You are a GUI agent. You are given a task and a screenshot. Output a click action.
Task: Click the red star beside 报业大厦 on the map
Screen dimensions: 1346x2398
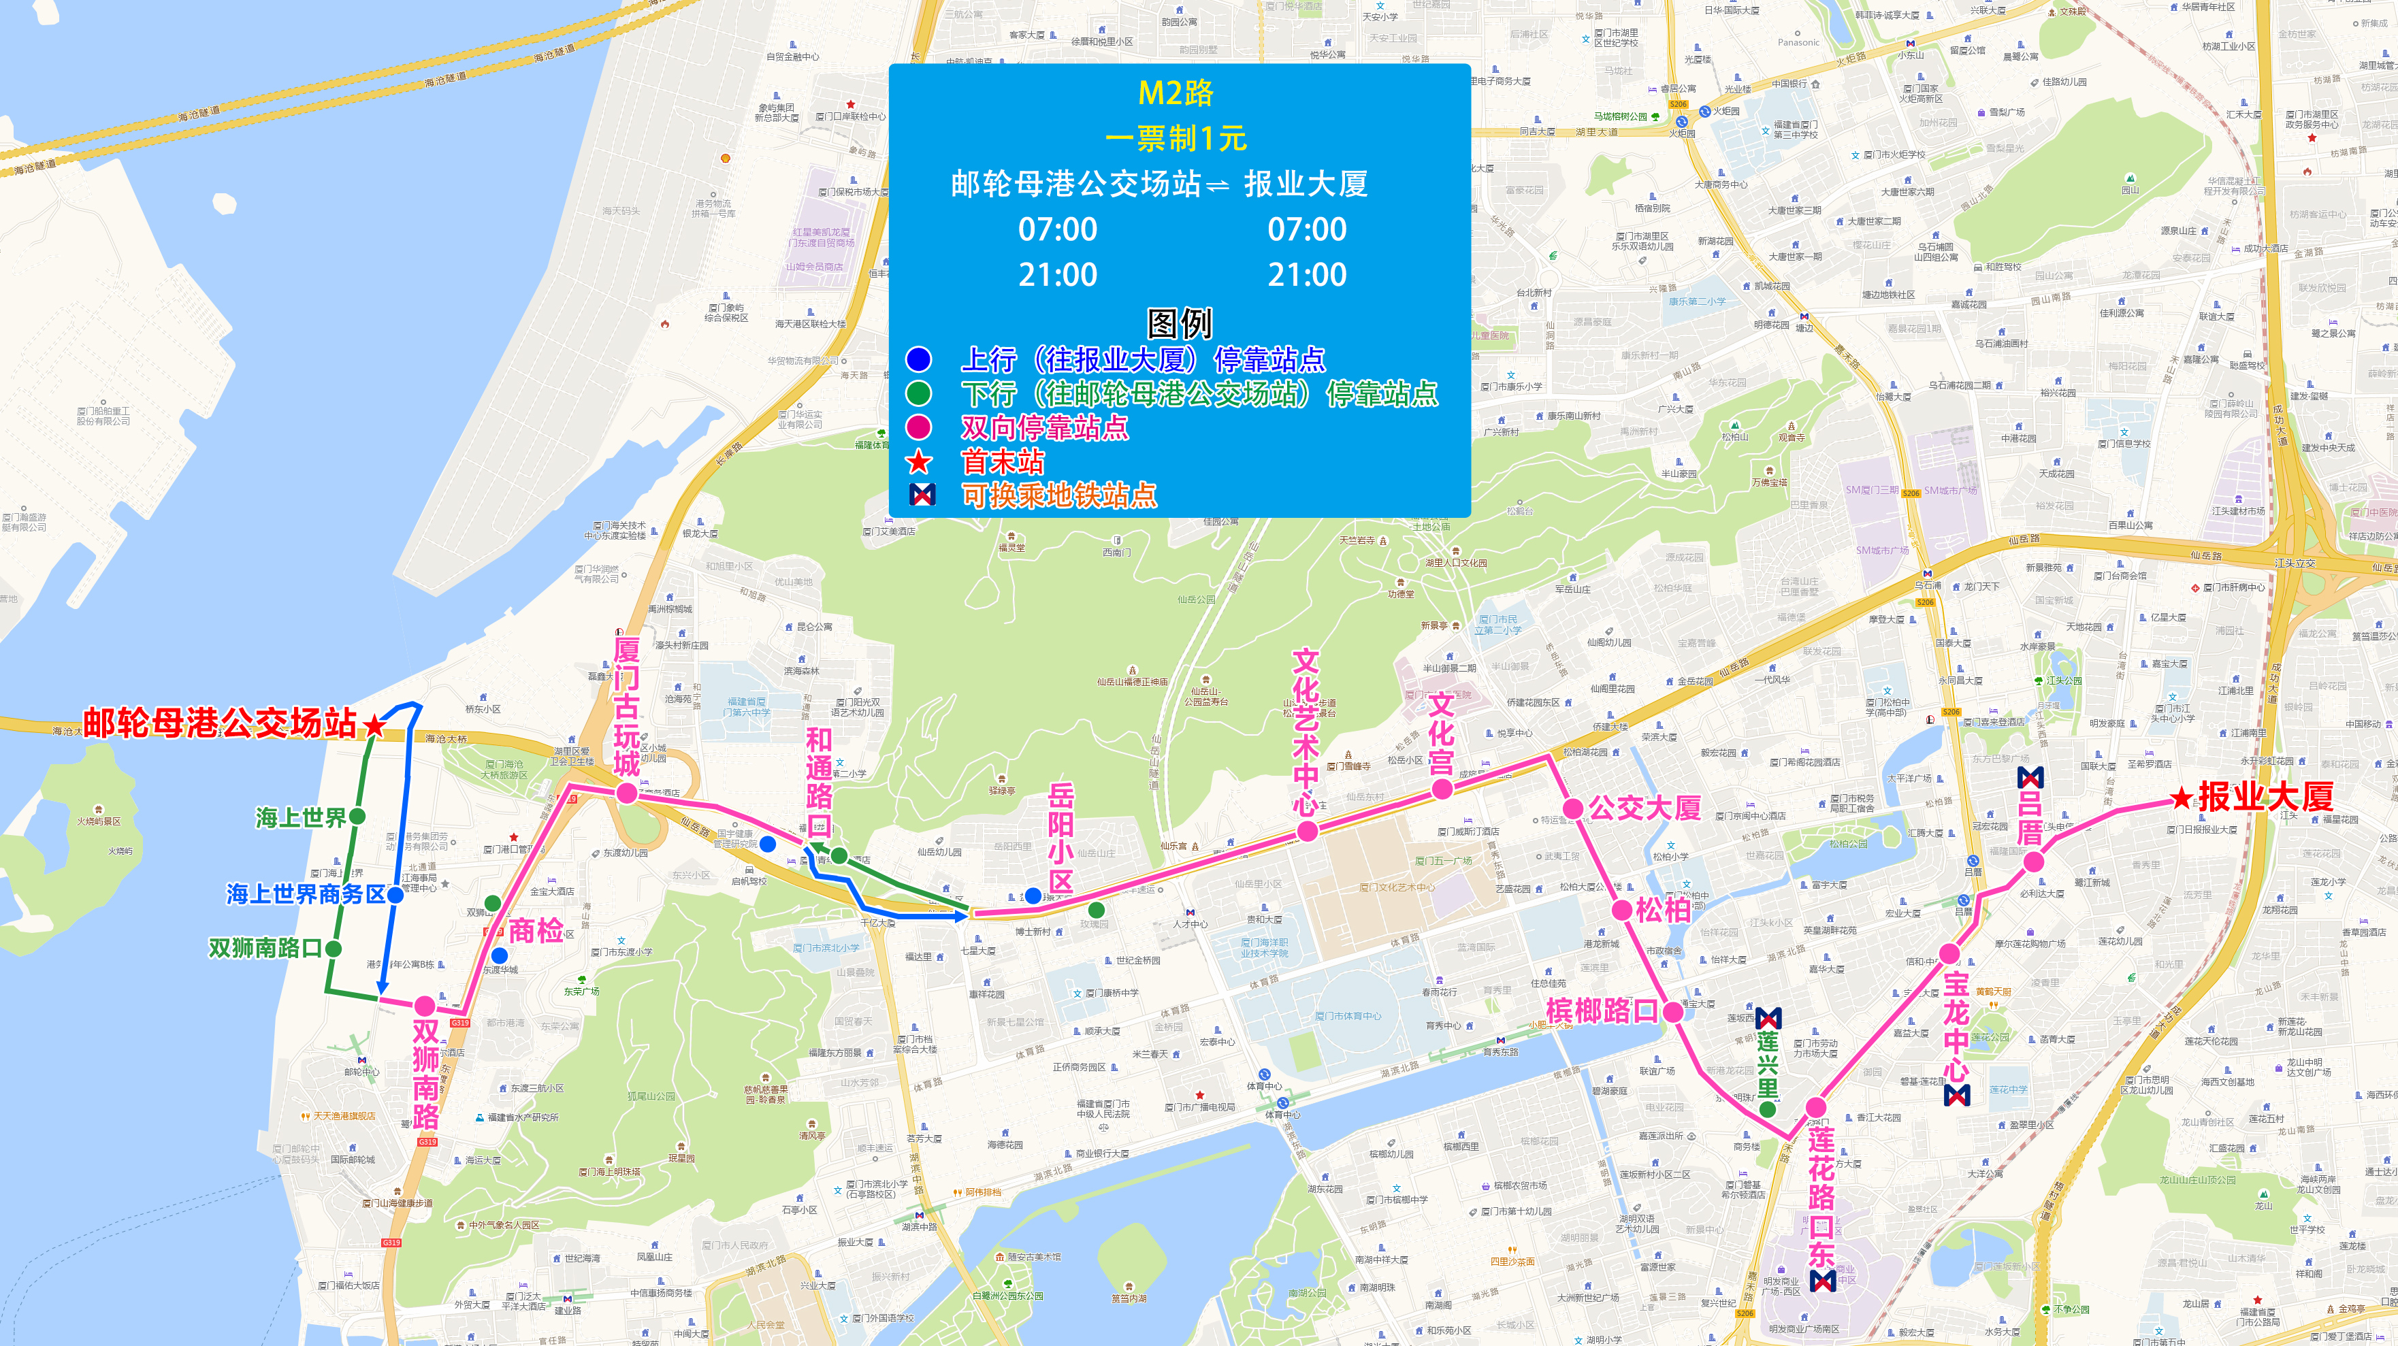click(x=2181, y=798)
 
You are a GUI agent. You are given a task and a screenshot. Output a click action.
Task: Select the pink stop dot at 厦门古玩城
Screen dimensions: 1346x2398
click(x=626, y=793)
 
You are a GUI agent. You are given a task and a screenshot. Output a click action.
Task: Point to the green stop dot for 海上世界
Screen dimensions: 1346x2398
click(x=357, y=817)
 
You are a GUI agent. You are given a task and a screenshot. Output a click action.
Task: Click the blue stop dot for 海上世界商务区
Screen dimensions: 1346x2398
click(x=395, y=895)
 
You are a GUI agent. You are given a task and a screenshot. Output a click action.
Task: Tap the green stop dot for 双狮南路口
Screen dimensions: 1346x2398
click(x=334, y=949)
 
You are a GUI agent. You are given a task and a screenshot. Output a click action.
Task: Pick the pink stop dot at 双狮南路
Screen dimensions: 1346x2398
click(x=425, y=1005)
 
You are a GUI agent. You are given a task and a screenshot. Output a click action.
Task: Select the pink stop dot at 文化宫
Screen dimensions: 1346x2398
click(x=1442, y=789)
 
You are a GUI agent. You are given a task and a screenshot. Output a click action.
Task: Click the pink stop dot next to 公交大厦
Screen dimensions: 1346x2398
click(x=1572, y=808)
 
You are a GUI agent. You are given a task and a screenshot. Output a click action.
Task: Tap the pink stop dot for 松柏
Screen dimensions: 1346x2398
click(x=1621, y=909)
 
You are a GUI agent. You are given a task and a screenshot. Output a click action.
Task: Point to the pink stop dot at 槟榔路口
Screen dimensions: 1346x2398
click(x=1673, y=1012)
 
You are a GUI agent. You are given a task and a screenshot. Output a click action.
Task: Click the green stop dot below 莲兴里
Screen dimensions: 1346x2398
click(x=1768, y=1109)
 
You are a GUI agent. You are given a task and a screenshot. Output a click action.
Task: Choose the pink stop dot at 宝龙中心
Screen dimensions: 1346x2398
click(x=1949, y=954)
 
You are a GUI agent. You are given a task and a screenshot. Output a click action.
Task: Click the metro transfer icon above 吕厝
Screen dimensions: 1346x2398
click(x=2030, y=777)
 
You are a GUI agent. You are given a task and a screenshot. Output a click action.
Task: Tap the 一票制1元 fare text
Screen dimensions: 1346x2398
click(x=1176, y=139)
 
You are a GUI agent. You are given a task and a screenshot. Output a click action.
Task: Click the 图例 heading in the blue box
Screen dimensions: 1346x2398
click(x=1178, y=323)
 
